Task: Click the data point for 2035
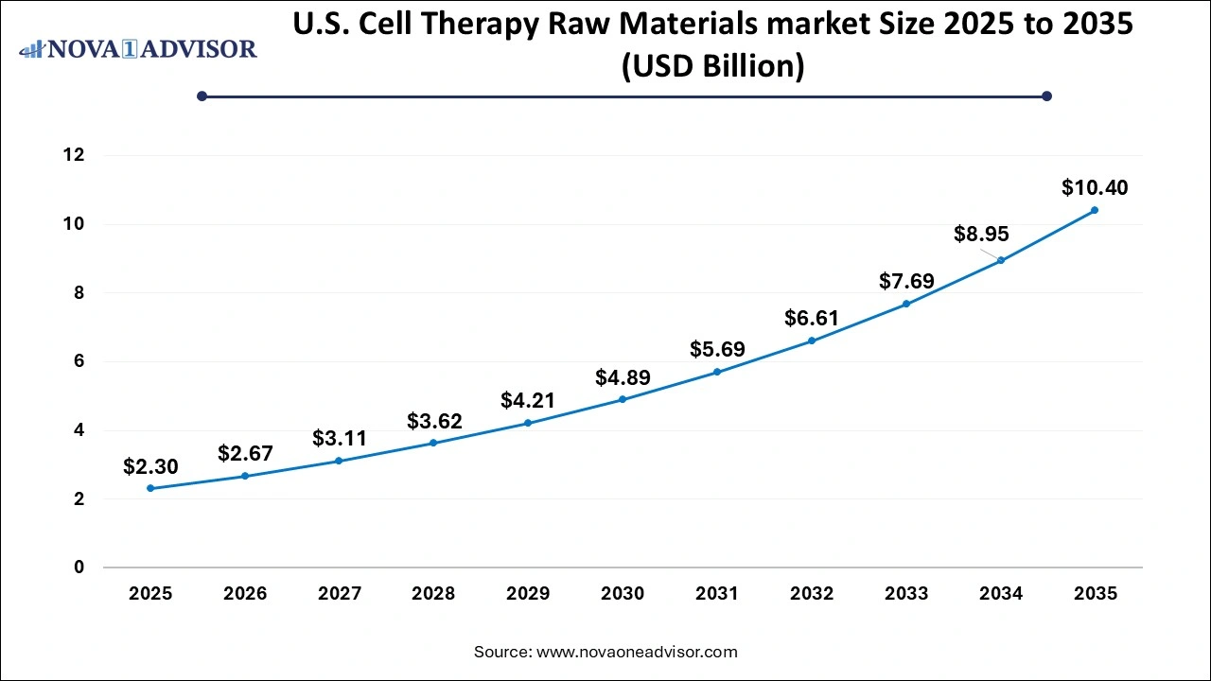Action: click(1095, 210)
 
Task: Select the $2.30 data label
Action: click(150, 466)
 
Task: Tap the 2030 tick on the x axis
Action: click(623, 594)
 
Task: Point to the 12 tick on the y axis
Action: click(74, 155)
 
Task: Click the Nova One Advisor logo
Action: click(138, 48)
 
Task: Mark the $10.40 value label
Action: click(1095, 187)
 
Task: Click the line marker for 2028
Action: click(433, 443)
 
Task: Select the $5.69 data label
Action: click(717, 349)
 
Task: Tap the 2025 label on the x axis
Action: click(150, 594)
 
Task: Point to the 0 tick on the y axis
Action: click(79, 567)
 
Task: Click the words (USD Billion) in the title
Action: click(712, 67)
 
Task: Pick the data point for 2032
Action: click(812, 340)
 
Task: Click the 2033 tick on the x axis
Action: click(906, 594)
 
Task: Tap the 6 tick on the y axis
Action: click(79, 361)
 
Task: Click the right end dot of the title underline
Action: click(1046, 96)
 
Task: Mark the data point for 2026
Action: click(245, 476)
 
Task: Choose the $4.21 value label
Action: click(528, 400)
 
